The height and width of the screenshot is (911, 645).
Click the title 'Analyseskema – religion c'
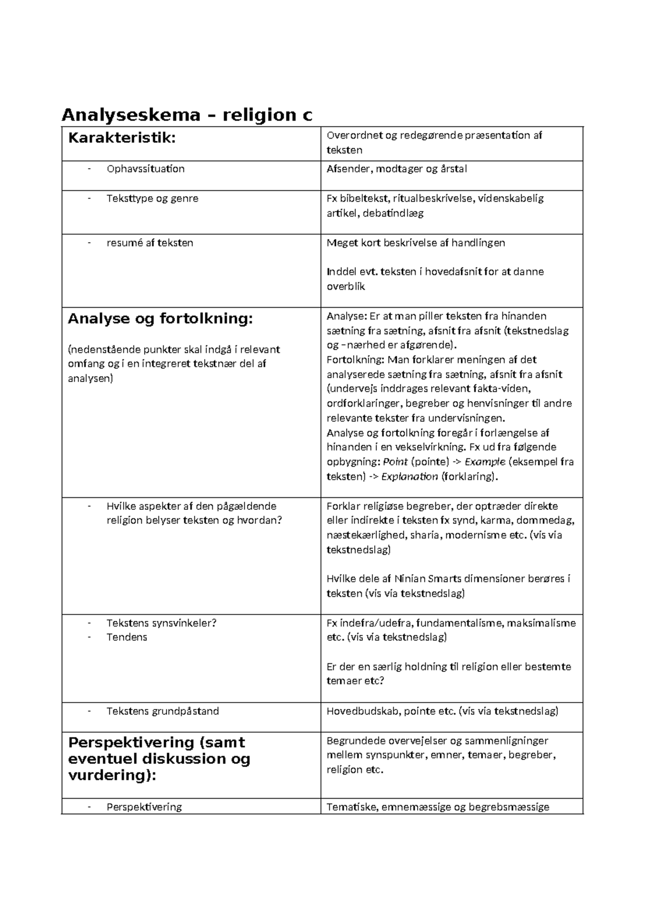click(x=187, y=114)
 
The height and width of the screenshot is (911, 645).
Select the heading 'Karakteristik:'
click(x=121, y=138)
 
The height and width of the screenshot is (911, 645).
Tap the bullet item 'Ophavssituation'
click(x=145, y=169)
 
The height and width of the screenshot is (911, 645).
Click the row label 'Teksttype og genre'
click(x=152, y=198)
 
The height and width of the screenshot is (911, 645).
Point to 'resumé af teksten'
click(x=149, y=243)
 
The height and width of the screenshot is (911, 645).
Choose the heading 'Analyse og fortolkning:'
click(x=160, y=319)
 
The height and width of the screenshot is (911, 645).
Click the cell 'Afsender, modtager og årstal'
click(x=397, y=169)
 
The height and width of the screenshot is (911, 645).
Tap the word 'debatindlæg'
click(x=393, y=213)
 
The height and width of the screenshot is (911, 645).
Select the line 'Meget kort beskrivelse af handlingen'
click(x=415, y=243)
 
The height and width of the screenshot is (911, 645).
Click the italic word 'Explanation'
click(x=409, y=476)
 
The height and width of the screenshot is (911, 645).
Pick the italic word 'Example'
click(x=484, y=462)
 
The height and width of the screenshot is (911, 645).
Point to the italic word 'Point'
click(x=395, y=462)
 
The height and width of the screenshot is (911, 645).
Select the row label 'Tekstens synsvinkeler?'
click(x=161, y=623)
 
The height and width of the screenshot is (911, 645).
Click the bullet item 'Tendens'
click(x=126, y=638)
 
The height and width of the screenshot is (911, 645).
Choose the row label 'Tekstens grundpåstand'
click(x=162, y=711)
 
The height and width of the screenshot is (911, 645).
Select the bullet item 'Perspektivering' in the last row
click(x=144, y=807)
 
